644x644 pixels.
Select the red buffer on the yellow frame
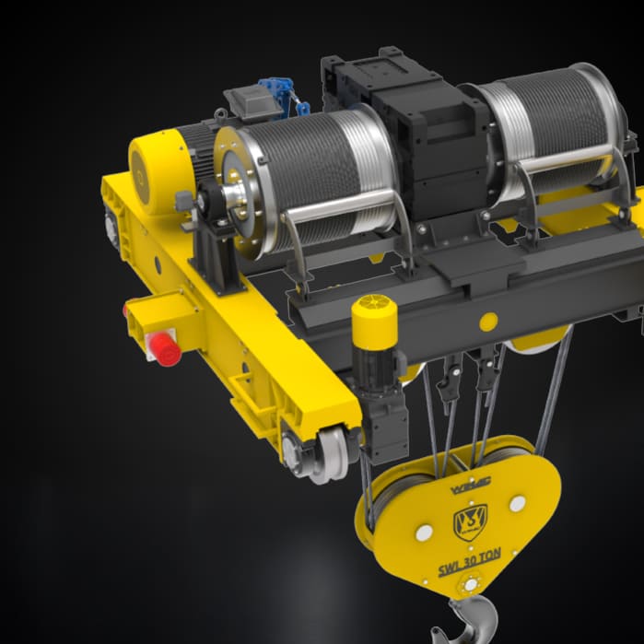[x=166, y=349]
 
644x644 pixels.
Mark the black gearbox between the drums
[x=433, y=138]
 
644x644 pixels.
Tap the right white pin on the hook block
[x=517, y=503]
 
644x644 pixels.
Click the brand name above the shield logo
[x=470, y=481]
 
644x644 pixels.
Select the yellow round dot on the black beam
[x=488, y=322]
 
